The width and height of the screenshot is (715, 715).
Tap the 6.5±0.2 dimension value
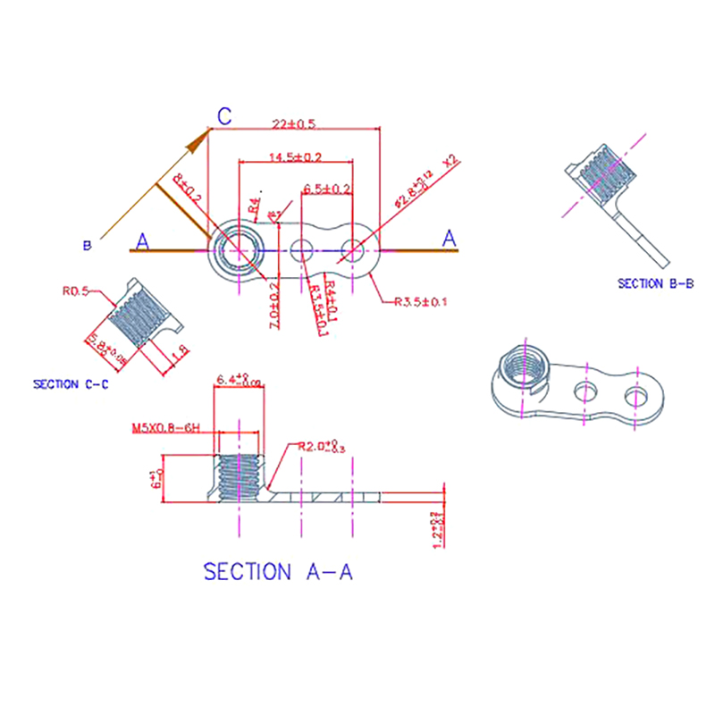[327, 189]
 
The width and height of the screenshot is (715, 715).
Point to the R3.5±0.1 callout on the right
[421, 302]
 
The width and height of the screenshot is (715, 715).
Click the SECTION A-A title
[279, 572]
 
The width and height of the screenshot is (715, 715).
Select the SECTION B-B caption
[656, 284]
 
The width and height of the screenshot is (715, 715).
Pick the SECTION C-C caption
[72, 384]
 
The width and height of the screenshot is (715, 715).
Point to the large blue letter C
[226, 115]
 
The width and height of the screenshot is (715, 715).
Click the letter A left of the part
[142, 240]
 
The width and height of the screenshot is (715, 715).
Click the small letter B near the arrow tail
[87, 244]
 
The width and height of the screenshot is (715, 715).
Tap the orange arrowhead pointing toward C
[200, 139]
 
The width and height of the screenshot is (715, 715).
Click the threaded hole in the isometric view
[523, 367]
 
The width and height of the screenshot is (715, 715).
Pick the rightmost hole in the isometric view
[636, 394]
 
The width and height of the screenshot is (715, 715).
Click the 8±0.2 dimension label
[188, 189]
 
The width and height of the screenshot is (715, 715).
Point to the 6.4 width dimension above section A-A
[239, 382]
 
